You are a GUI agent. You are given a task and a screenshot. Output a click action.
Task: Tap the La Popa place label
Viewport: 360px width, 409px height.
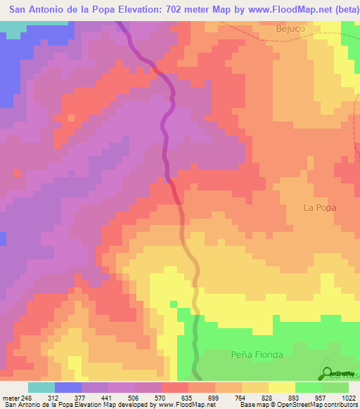tap(320, 207)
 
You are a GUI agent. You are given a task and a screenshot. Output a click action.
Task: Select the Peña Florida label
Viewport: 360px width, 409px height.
tap(257, 355)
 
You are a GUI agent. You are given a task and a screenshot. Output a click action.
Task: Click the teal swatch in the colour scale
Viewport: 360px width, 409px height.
tap(41, 388)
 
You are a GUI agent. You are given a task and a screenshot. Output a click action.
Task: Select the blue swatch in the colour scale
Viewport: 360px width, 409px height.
tap(68, 388)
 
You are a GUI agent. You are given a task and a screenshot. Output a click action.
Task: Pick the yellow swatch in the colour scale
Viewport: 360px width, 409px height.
tap(282, 388)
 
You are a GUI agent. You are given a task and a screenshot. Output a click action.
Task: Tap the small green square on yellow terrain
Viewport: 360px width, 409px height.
tap(173, 304)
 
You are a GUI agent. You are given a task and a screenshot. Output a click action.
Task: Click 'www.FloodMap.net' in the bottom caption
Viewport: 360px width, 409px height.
tap(186, 405)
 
